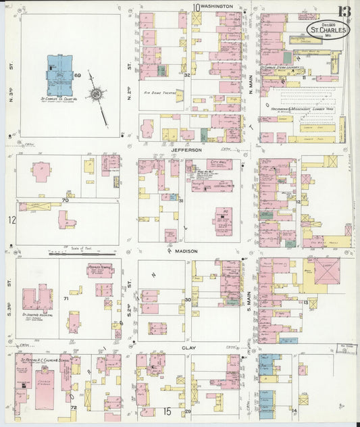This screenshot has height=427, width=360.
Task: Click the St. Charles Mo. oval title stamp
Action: [328, 30]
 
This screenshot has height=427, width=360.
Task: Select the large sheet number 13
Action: [344, 11]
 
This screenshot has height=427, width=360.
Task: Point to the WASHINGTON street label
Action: [217, 6]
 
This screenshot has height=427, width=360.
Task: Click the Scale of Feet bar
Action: [82, 253]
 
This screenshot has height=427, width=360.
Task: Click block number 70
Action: [66, 201]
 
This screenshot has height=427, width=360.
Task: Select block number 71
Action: [66, 298]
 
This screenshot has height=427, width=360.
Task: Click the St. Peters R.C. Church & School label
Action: [36, 360]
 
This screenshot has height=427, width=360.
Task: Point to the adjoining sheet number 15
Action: [166, 411]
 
